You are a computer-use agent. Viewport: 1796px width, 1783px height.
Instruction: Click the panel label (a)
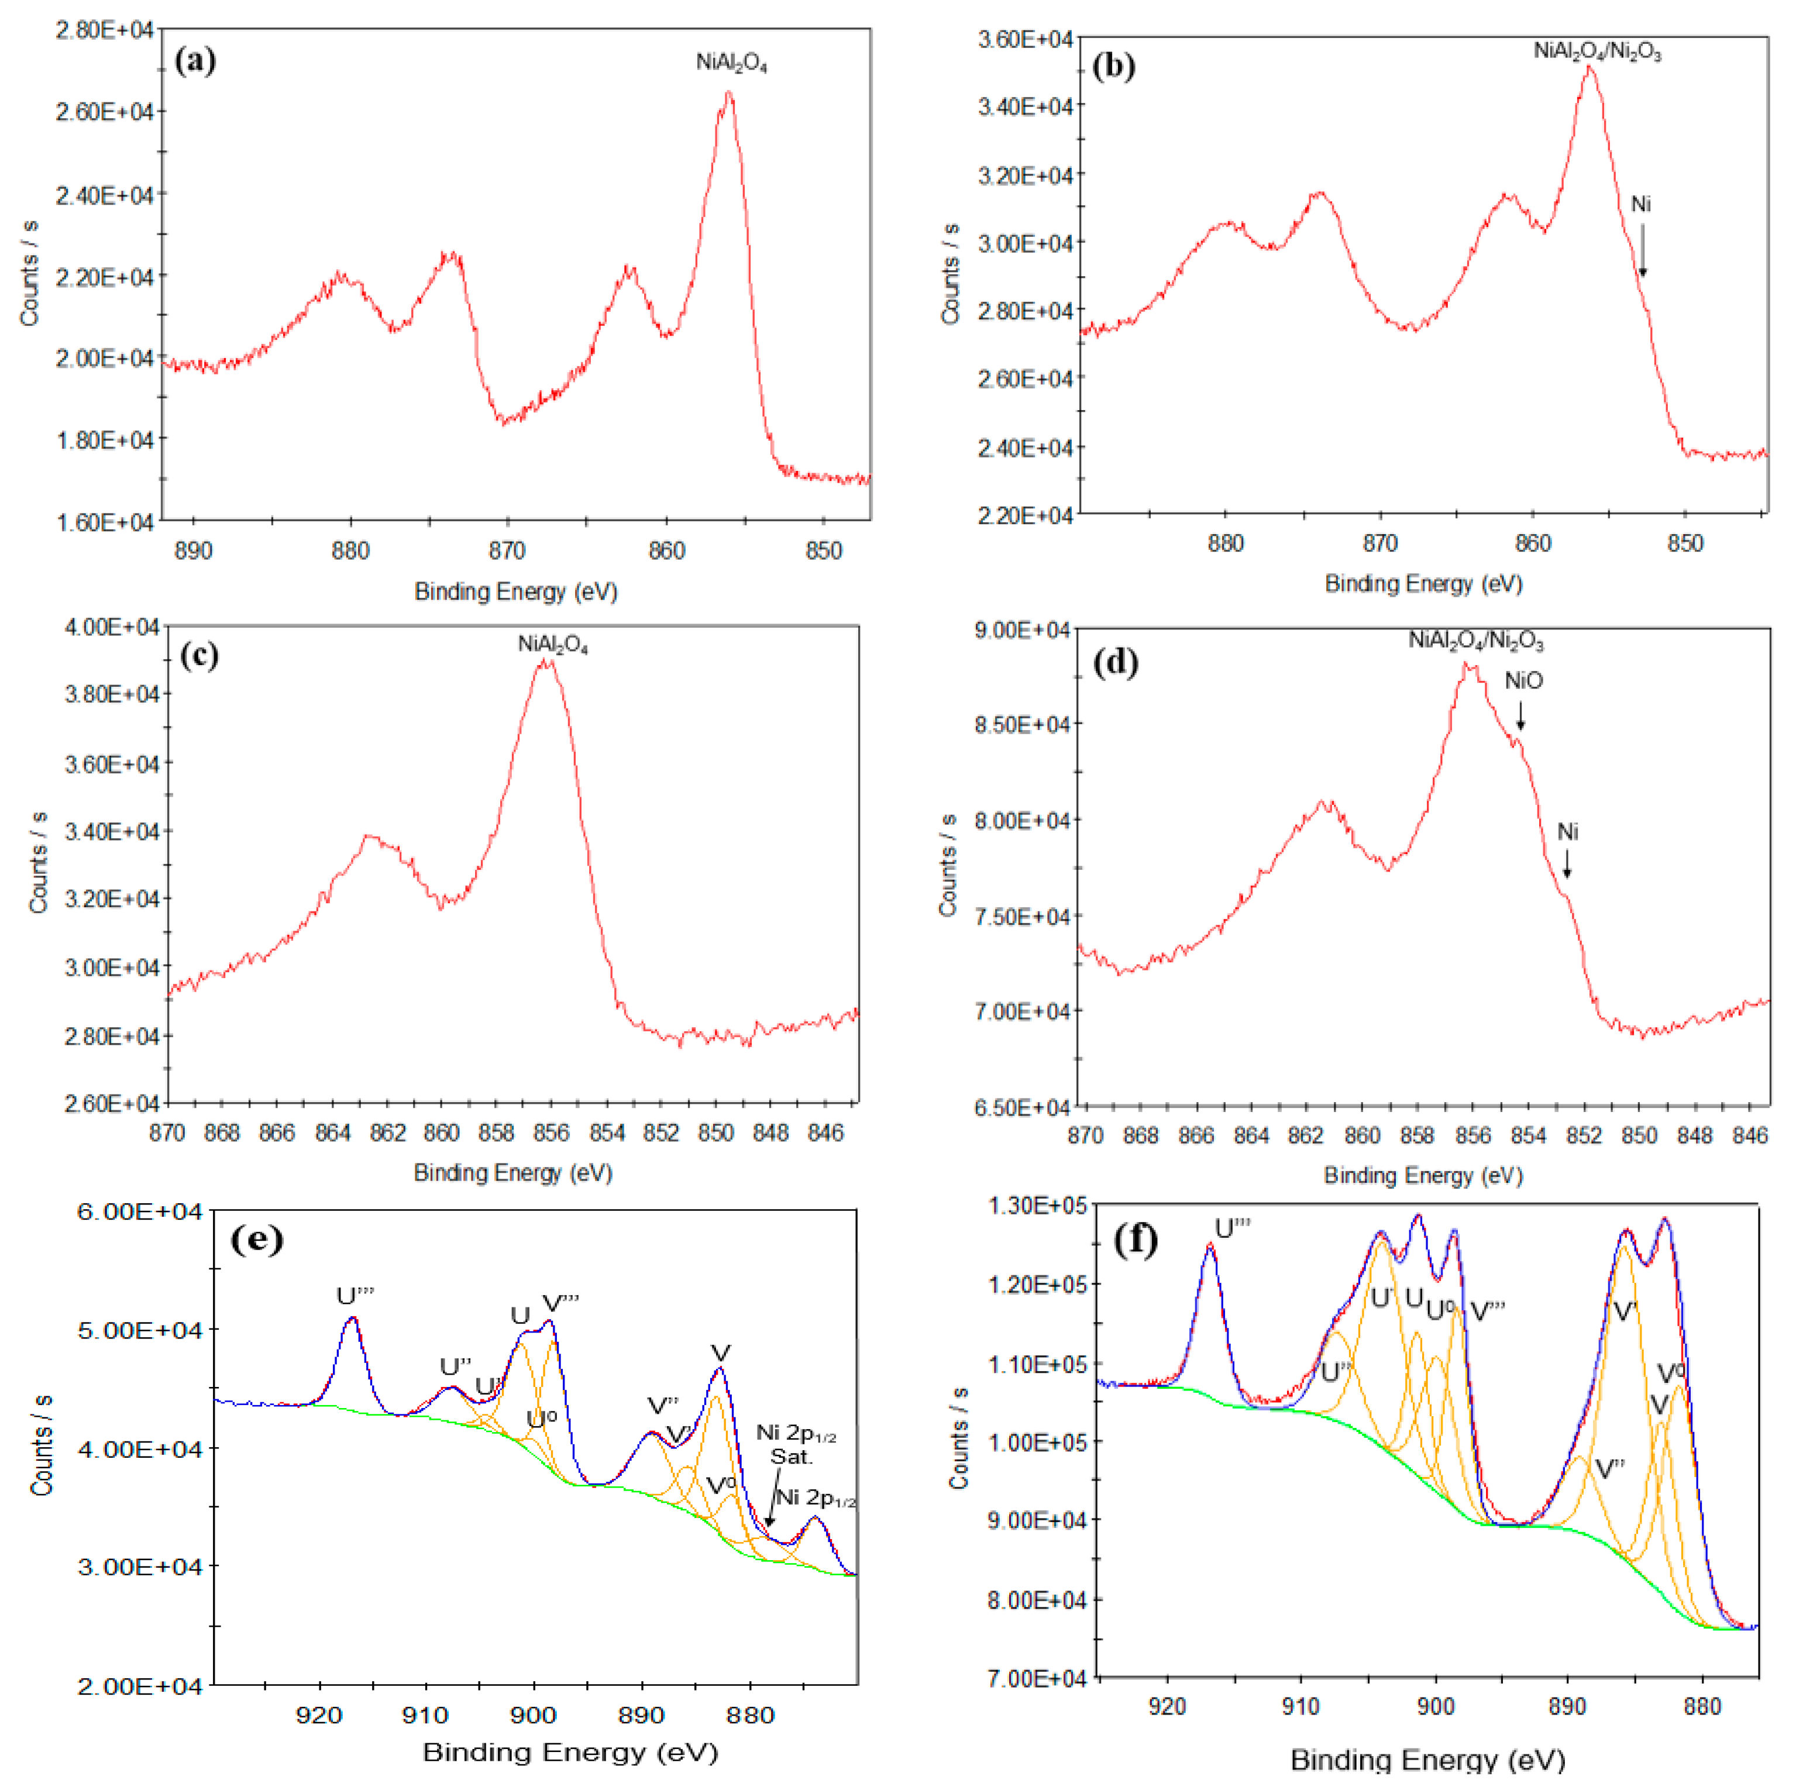pos(195,61)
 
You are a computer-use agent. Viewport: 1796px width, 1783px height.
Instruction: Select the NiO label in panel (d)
pos(1523,681)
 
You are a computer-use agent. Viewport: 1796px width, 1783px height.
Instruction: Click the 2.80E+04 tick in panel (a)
pos(104,30)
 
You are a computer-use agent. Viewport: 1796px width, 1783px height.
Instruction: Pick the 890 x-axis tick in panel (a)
pos(194,550)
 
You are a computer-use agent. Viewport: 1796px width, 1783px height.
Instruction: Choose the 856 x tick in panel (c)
pos(551,1133)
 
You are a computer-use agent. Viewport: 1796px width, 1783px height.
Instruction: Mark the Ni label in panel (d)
pos(1567,832)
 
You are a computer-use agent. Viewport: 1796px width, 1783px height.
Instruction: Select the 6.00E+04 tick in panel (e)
pos(139,1212)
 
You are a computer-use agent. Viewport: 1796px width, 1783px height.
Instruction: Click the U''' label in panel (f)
pos(1233,1229)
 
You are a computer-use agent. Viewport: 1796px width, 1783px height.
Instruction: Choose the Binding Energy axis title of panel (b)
pos(1423,584)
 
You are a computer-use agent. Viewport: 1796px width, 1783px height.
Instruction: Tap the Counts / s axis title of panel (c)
pos(39,863)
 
